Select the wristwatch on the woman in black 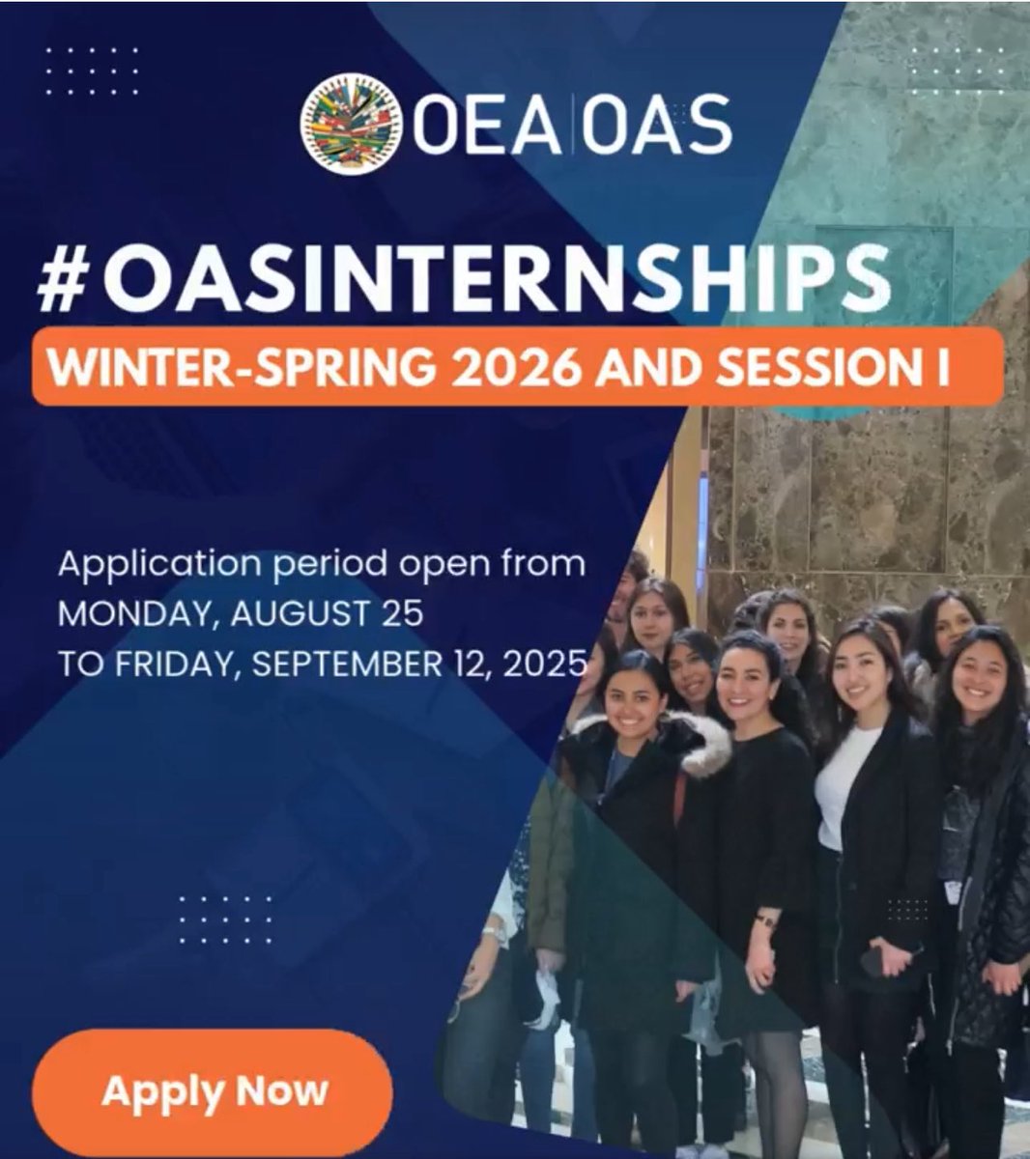[764, 920]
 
